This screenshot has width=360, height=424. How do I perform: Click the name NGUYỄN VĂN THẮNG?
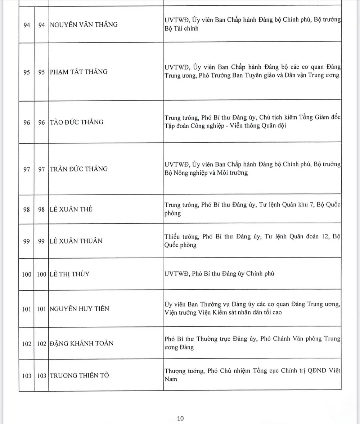click(x=84, y=25)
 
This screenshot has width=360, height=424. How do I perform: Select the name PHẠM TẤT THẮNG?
click(x=78, y=72)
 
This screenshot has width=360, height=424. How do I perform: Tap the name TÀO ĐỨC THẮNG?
click(x=76, y=122)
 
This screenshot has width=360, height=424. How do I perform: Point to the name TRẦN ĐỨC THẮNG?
click(x=78, y=169)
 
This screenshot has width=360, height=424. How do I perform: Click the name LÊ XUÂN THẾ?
click(x=71, y=209)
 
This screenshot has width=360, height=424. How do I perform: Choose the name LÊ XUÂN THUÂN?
click(x=76, y=241)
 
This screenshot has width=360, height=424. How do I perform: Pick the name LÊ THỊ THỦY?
click(x=69, y=274)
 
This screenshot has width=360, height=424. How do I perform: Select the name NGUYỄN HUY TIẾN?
click(x=79, y=309)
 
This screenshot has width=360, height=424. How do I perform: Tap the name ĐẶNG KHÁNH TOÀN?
click(x=81, y=343)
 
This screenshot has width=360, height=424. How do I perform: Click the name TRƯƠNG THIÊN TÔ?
click(x=79, y=376)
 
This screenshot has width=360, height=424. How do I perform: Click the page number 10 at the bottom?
click(x=180, y=418)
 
